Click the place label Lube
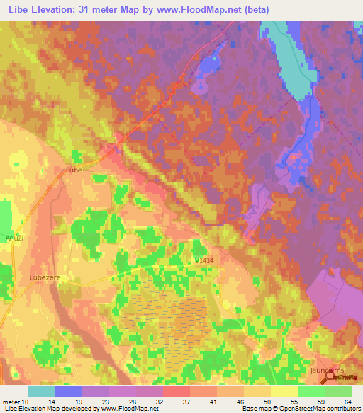[74, 170]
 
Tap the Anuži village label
[15, 238]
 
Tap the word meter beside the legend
[13, 402]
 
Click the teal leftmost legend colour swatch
[42, 391]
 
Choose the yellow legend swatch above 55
[284, 391]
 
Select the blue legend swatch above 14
[69, 391]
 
